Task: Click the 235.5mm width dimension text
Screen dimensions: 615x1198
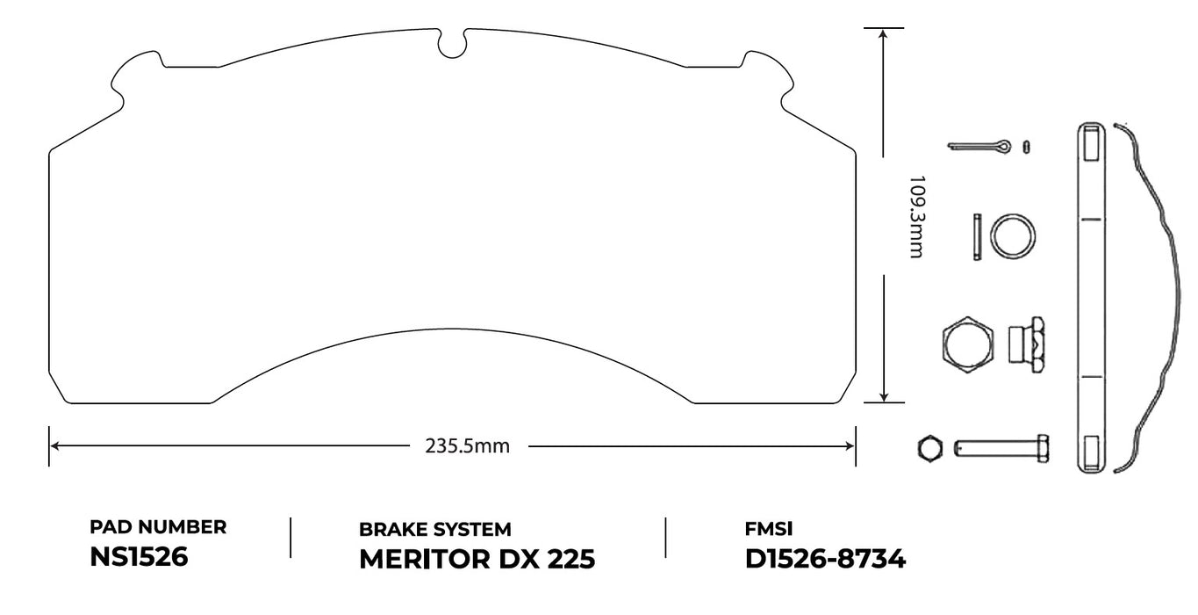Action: click(467, 446)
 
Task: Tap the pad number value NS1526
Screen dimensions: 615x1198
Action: click(139, 557)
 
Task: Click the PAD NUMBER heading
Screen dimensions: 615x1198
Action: click(158, 527)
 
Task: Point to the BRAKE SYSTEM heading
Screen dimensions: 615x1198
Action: click(434, 529)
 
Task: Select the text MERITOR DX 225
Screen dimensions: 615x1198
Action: click(477, 559)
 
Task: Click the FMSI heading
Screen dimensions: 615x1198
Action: click(769, 529)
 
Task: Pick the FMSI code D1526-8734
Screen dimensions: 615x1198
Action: click(824, 559)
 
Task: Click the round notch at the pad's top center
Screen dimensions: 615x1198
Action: click(452, 45)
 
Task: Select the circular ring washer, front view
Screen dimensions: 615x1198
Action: click(1012, 236)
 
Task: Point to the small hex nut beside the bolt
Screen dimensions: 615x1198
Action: click(929, 449)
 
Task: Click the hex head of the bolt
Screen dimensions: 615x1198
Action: click(1044, 449)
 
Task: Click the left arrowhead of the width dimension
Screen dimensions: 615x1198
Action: click(54, 446)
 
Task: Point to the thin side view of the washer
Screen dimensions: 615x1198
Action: click(977, 236)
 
